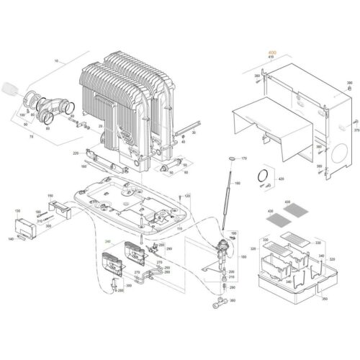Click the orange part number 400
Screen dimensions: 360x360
pyautogui.click(x=271, y=53)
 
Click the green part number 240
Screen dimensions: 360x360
pyautogui.click(x=109, y=241)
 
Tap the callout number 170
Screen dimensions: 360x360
pyautogui.click(x=244, y=158)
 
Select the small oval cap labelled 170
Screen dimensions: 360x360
pyautogui.click(x=230, y=157)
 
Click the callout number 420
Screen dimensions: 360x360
pyautogui.click(x=282, y=178)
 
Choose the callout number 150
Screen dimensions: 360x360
pyautogui.click(x=50, y=195)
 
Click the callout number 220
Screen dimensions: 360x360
pyautogui.click(x=76, y=154)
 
